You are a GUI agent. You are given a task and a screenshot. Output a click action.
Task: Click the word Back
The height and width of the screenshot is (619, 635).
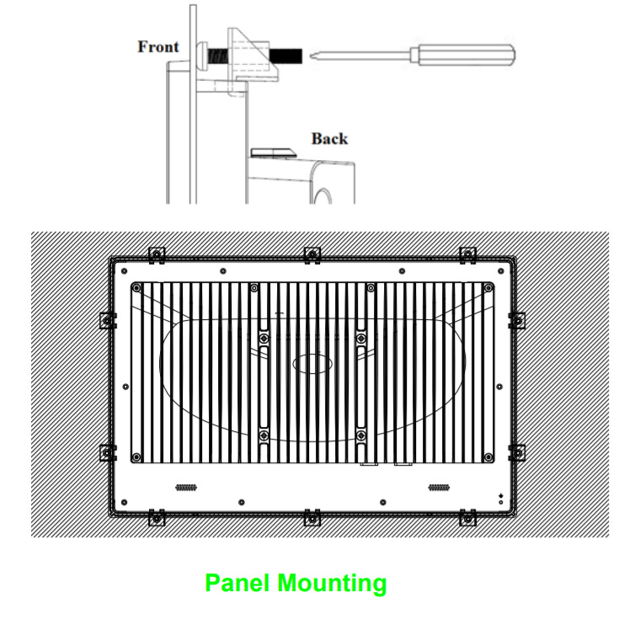tap(329, 138)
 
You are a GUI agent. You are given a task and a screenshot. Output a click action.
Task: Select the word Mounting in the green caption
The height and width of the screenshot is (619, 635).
tap(333, 583)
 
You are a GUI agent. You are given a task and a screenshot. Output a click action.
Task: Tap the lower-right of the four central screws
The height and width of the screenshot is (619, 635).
tap(361, 435)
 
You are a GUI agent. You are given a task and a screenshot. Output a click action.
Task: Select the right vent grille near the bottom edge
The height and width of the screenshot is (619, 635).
tap(438, 488)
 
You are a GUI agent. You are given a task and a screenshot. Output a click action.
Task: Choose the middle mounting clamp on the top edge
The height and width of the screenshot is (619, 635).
tap(312, 253)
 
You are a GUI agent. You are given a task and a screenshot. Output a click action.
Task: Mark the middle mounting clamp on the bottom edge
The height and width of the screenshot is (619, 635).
tap(312, 515)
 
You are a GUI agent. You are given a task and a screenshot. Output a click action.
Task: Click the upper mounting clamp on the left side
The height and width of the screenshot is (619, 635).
tap(106, 320)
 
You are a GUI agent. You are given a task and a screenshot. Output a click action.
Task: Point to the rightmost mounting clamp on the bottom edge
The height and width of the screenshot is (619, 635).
tap(467, 515)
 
